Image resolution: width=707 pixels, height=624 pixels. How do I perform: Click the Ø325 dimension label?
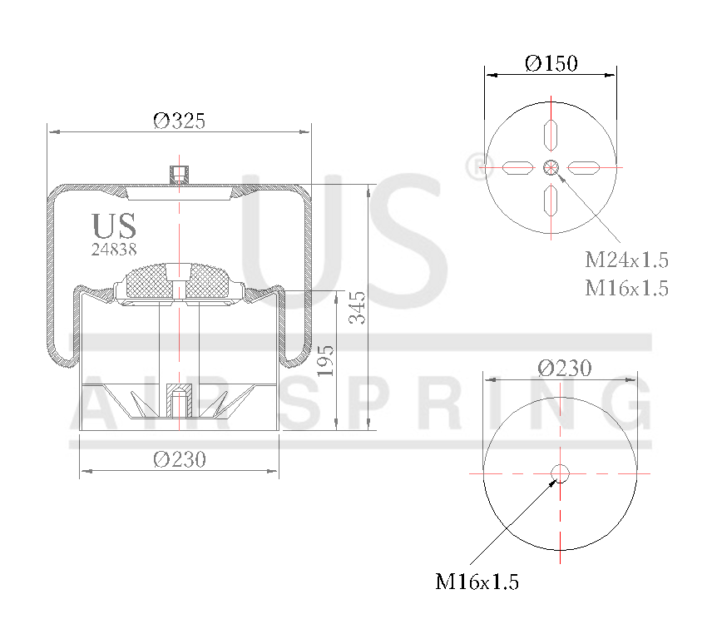179,121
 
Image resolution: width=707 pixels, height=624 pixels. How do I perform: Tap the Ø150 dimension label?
551,63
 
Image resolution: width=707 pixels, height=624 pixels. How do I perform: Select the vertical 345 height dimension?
358,307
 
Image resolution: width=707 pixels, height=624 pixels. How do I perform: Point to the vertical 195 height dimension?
326,361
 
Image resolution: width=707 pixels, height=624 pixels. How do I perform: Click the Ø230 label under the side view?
180,458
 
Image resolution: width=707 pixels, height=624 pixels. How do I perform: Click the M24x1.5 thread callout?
626,260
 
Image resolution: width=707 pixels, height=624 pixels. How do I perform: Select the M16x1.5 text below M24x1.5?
626,288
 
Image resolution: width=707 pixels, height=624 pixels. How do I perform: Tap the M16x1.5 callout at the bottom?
477,582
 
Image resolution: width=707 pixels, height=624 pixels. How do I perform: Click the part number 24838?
114,248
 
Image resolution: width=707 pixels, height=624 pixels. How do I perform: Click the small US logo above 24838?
114,225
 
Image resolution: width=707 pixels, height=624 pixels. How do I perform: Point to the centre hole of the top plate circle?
551,167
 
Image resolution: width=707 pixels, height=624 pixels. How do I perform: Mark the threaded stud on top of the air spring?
179,174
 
